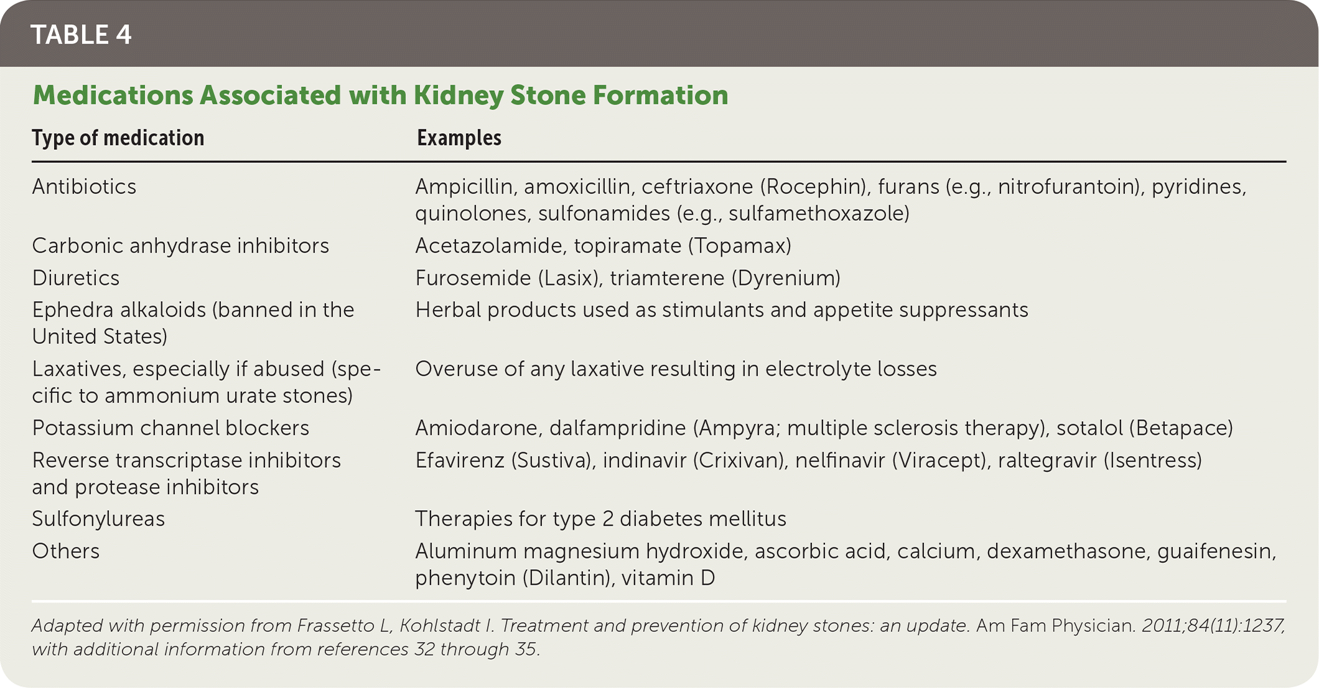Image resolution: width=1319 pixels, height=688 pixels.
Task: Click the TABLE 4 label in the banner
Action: (81, 35)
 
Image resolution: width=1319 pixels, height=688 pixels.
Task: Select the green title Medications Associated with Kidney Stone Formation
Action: (380, 96)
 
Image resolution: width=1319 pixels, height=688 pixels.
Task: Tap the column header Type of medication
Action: (118, 138)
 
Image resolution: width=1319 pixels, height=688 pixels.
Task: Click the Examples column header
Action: (459, 138)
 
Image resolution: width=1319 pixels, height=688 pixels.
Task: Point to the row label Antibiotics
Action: (84, 187)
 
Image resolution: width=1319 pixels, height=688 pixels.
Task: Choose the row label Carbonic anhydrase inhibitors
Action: (180, 246)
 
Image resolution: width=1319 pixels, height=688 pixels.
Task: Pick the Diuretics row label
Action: (76, 278)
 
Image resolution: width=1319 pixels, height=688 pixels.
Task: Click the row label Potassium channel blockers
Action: (170, 428)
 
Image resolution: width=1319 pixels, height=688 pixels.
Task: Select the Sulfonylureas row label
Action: (98, 519)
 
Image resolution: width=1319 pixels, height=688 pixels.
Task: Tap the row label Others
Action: (66, 551)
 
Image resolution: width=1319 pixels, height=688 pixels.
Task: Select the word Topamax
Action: (739, 246)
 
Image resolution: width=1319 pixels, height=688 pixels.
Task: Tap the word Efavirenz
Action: (460, 460)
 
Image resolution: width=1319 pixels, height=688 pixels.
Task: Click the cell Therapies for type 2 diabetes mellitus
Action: (601, 519)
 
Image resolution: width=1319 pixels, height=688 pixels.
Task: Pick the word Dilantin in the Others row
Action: (566, 578)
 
